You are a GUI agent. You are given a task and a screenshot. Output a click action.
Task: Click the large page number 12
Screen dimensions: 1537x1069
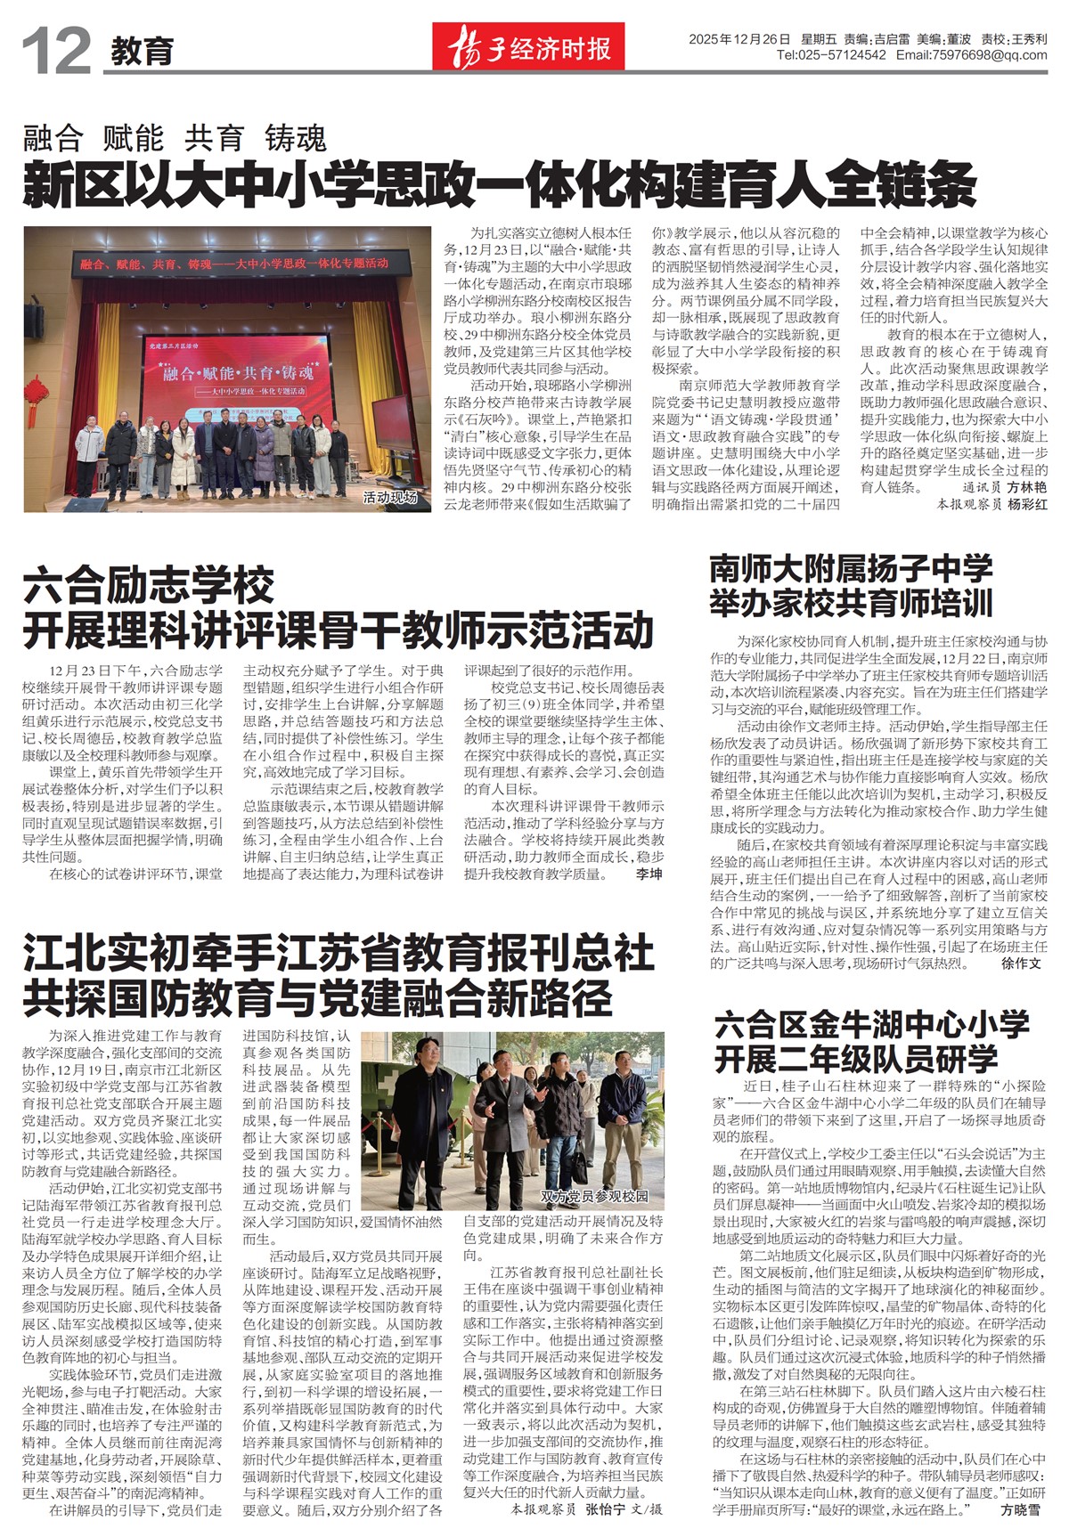pos(56,51)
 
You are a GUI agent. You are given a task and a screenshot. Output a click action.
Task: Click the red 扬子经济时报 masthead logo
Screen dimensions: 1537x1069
pos(528,46)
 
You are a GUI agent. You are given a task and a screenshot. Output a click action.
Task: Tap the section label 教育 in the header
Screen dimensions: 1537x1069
pos(143,52)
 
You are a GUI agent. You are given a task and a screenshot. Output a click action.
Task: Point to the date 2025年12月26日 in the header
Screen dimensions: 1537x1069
pos(739,39)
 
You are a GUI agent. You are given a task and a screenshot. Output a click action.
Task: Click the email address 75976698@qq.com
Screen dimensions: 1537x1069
pos(988,55)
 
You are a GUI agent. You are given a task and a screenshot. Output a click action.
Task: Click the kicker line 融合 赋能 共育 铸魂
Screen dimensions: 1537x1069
pos(175,139)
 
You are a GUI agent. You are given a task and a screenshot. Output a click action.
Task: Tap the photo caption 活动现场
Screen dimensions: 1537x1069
pos(390,498)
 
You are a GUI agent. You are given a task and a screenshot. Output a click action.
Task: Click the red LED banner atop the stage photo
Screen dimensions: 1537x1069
pos(233,264)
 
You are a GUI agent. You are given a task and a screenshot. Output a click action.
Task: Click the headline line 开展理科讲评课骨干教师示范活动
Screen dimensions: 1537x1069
pos(339,630)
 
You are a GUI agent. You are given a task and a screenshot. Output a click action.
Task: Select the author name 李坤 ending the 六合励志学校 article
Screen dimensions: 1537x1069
pos(649,874)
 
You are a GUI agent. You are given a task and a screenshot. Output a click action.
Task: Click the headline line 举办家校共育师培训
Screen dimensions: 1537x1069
pos(851,603)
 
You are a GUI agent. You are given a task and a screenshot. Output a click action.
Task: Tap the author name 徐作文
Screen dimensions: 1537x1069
pos(1021,964)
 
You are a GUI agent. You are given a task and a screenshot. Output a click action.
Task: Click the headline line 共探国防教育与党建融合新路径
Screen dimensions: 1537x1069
pos(318,998)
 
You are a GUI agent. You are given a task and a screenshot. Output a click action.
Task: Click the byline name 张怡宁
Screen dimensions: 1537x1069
pos(605,1510)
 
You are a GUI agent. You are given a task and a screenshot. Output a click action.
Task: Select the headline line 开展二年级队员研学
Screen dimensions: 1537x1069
pos(856,1060)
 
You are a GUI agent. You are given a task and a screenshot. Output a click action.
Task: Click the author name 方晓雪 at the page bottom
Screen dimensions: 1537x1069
pos(1020,1510)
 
